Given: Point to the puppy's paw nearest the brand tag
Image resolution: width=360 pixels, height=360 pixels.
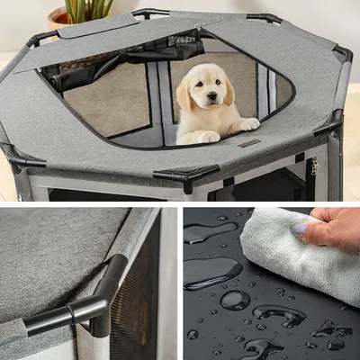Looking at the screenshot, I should click(x=248, y=124).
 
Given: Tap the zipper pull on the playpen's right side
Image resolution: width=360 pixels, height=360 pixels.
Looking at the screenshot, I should click(x=314, y=166).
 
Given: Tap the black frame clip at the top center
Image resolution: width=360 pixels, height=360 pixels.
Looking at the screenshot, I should click(x=150, y=13).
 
